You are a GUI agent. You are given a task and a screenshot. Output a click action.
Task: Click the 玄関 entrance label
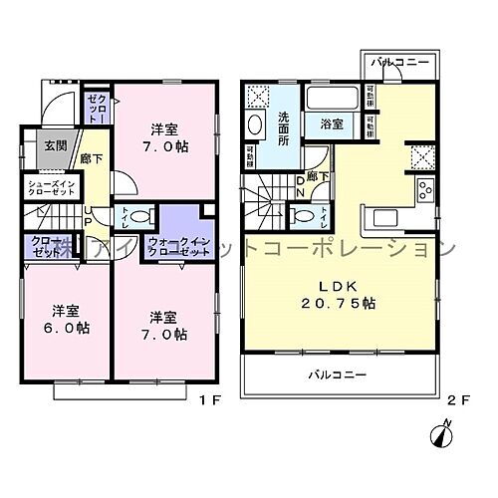(x=55, y=145)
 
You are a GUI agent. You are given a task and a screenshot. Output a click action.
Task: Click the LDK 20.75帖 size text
(x=339, y=299)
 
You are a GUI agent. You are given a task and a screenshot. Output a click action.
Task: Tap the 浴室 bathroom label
(x=331, y=124)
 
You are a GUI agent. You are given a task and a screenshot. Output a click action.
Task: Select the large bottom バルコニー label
(x=336, y=374)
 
